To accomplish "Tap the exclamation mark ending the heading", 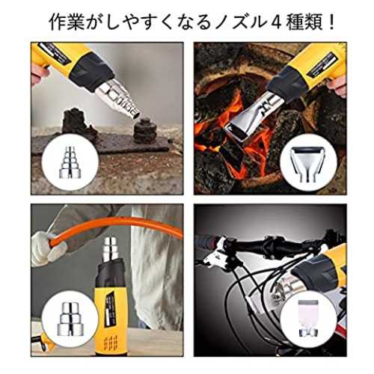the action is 331,23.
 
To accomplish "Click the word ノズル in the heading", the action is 238,23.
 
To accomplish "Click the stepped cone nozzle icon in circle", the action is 70,162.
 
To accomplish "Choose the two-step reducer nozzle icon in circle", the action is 70,319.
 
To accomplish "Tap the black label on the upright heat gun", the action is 108,308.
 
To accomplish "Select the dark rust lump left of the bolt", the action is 77,123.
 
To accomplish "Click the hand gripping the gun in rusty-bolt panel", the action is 39,73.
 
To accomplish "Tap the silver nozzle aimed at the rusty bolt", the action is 117,99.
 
